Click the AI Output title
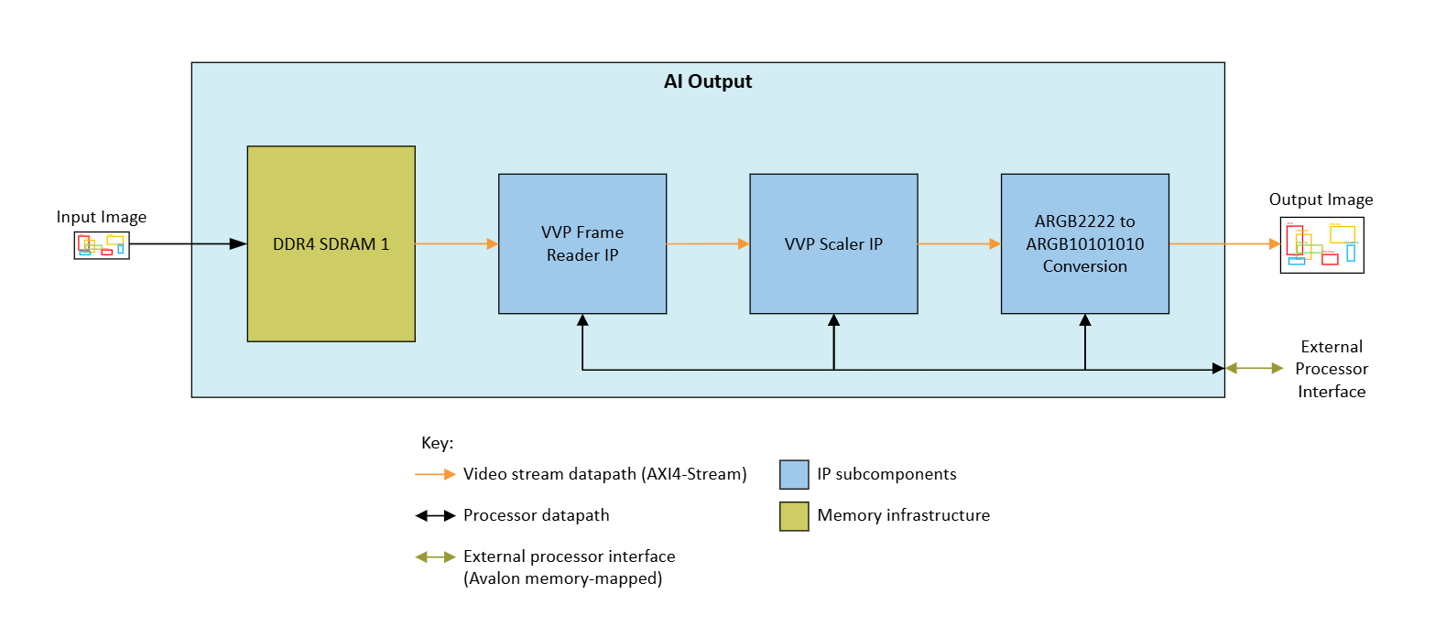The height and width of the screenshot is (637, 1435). click(x=707, y=81)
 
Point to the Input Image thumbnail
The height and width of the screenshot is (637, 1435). click(x=102, y=245)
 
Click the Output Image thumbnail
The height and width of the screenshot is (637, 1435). click(x=1321, y=244)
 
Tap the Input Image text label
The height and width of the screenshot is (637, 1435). click(x=102, y=217)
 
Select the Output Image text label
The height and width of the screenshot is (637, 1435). click(x=1321, y=200)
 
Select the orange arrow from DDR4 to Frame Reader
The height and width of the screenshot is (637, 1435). click(x=456, y=244)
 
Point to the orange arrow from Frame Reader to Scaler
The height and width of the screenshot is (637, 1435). click(x=707, y=244)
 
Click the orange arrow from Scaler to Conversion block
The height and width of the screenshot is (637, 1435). click(x=958, y=244)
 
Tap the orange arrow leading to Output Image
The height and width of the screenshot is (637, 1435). click(x=1223, y=244)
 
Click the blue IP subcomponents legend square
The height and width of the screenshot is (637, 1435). click(x=794, y=474)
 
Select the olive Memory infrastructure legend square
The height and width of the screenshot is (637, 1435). click(x=794, y=515)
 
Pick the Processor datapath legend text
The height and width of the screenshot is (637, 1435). click(x=537, y=515)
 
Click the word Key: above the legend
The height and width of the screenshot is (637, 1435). click(x=437, y=443)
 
